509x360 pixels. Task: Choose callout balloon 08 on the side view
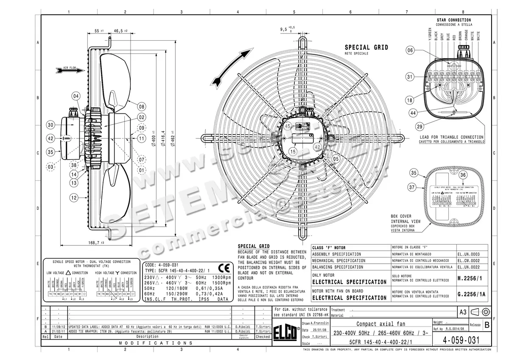141,106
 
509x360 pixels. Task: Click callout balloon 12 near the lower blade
73,197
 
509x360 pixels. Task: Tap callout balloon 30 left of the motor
51,125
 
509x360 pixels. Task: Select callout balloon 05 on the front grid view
336,159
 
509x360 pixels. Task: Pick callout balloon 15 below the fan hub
293,151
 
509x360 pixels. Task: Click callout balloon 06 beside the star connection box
410,51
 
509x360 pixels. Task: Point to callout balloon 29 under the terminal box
420,127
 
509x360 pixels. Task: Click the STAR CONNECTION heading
453,20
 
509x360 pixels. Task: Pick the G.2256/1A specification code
471,294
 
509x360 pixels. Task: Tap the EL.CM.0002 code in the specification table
468,260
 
